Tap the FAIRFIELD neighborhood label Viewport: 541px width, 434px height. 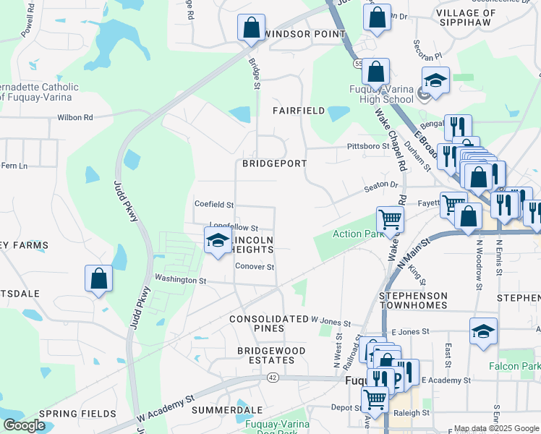pos(298,111)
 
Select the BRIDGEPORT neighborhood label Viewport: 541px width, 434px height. pos(274,163)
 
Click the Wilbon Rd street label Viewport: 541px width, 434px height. pos(75,117)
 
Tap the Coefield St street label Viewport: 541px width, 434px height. pos(214,205)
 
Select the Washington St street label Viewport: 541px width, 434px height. pos(180,280)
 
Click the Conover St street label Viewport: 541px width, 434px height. pos(255,267)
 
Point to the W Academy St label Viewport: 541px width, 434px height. pos(166,410)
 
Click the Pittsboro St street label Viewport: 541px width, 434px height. pos(368,146)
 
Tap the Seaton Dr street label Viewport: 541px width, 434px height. pos(381,185)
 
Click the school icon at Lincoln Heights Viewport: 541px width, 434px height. pos(217,241)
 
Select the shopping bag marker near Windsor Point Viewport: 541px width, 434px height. pos(250,28)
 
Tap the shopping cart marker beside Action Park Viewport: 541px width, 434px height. pos(389,219)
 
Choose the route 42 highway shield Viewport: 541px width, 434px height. pos(272,377)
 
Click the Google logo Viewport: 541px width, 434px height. pos(24,425)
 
